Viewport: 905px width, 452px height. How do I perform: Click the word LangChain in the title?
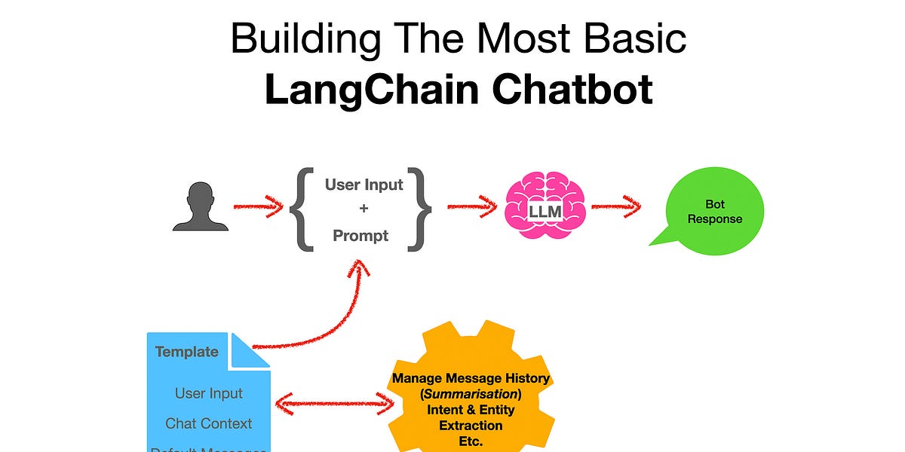click(371, 89)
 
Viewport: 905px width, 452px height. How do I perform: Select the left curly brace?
click(302, 209)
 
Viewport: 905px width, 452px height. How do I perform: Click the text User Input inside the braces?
click(364, 185)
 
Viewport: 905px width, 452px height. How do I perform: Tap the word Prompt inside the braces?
click(360, 236)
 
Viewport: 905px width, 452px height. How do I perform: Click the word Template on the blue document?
click(186, 352)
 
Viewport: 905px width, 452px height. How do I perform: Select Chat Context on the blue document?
click(209, 423)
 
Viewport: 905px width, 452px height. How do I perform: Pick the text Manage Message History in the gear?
click(471, 378)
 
